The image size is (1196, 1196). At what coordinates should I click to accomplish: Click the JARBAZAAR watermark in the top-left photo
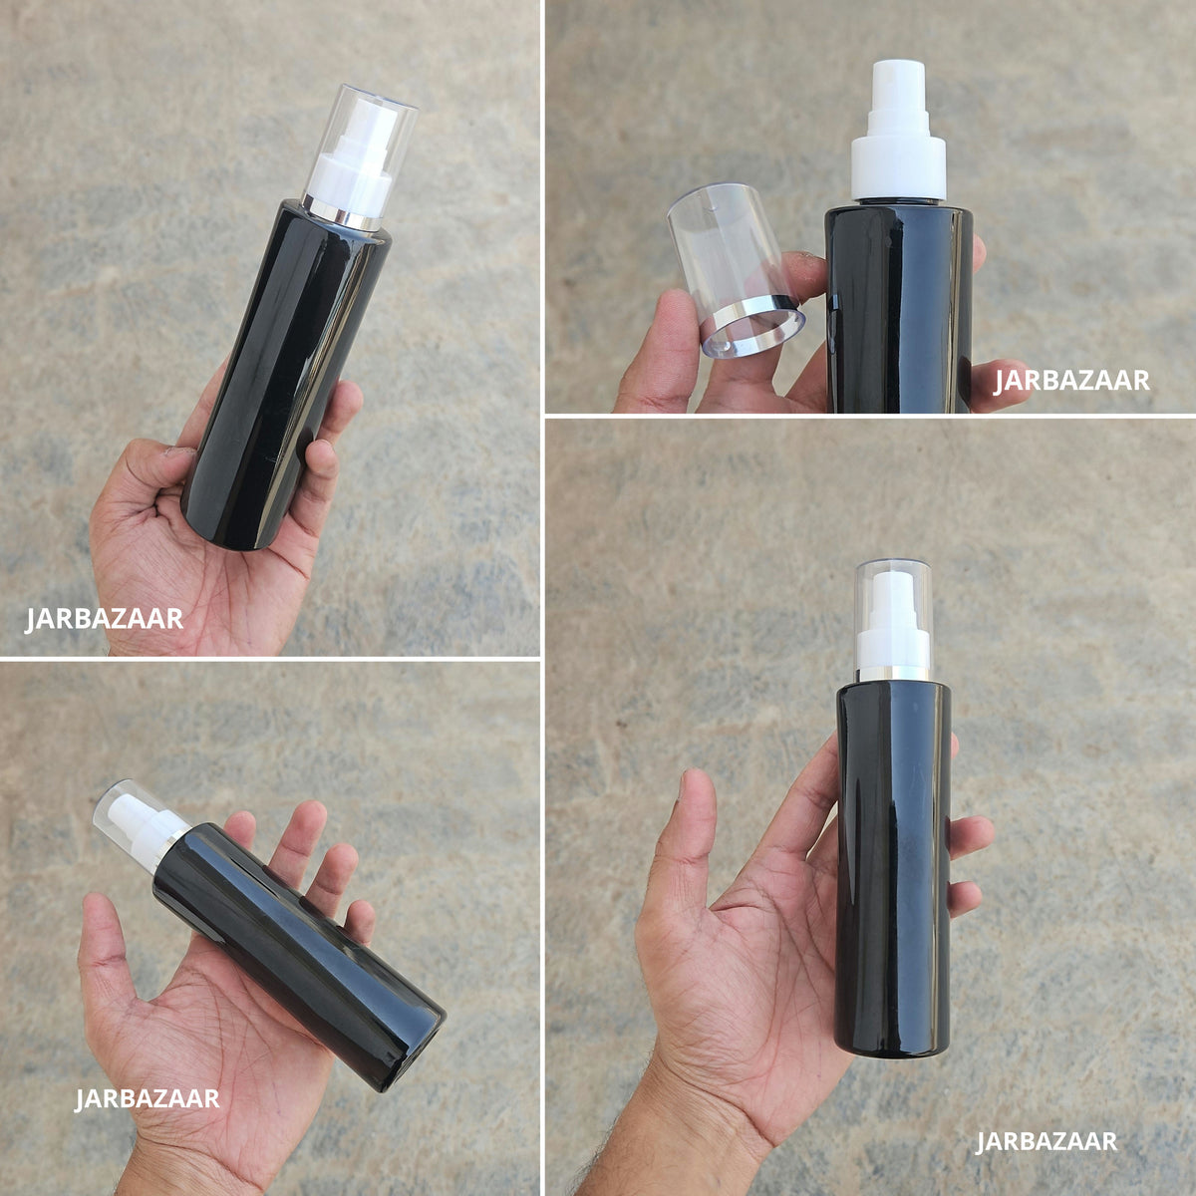point(105,619)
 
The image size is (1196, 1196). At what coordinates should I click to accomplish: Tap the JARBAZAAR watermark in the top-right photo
point(1071,381)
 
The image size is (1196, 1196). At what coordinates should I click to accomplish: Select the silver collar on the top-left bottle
point(344,213)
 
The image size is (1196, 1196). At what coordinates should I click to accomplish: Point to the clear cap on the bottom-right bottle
point(894,616)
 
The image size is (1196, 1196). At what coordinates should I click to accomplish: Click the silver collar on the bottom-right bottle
point(894,674)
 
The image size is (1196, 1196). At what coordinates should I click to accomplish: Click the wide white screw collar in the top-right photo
point(898,167)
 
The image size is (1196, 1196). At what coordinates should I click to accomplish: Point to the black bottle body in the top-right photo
point(899,308)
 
